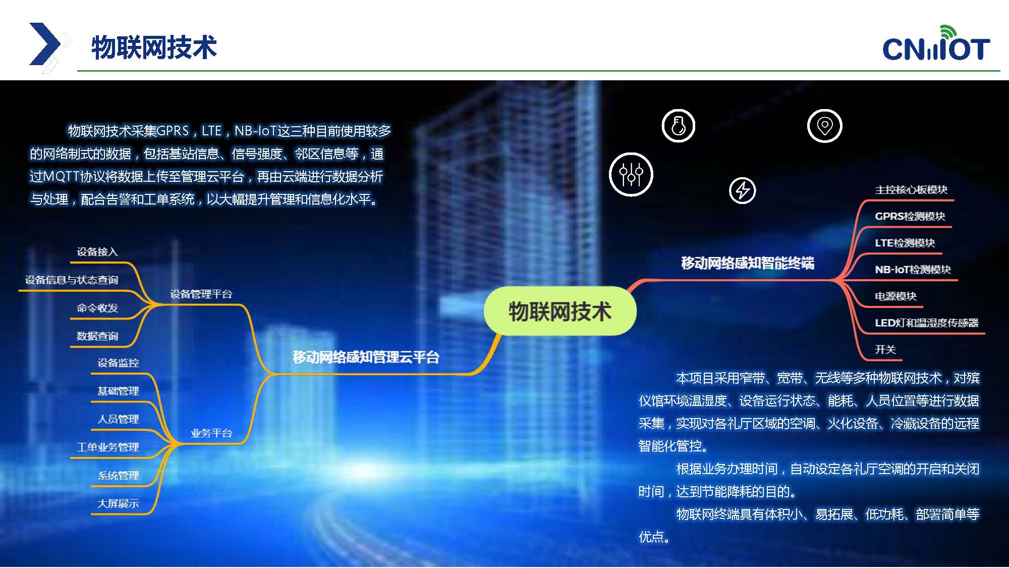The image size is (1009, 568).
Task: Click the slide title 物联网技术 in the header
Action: [x=154, y=47]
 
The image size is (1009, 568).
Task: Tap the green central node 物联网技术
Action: [x=560, y=311]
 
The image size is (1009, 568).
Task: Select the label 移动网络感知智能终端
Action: [x=748, y=263]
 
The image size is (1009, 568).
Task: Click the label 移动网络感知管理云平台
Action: [x=366, y=357]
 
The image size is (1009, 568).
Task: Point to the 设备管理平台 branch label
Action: [x=201, y=294]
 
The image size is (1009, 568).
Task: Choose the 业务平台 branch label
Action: [x=211, y=433]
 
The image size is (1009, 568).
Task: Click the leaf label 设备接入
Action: [x=97, y=251]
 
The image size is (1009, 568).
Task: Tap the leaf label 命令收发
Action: [x=97, y=308]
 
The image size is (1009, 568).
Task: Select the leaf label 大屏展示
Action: [x=118, y=503]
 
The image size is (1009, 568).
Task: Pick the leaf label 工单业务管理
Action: [x=107, y=447]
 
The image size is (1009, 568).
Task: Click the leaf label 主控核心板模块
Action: [x=911, y=190]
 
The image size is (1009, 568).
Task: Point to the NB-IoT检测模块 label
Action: [x=913, y=270]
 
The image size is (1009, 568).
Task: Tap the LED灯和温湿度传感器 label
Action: [x=927, y=323]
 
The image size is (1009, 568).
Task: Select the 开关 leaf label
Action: [x=885, y=349]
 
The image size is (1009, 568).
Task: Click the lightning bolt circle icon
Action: [x=743, y=190]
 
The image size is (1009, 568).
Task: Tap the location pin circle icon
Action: [x=825, y=126]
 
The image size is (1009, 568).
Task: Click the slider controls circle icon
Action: [x=631, y=175]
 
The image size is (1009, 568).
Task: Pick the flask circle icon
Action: [x=679, y=126]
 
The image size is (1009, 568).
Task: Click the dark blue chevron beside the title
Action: [x=44, y=44]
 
